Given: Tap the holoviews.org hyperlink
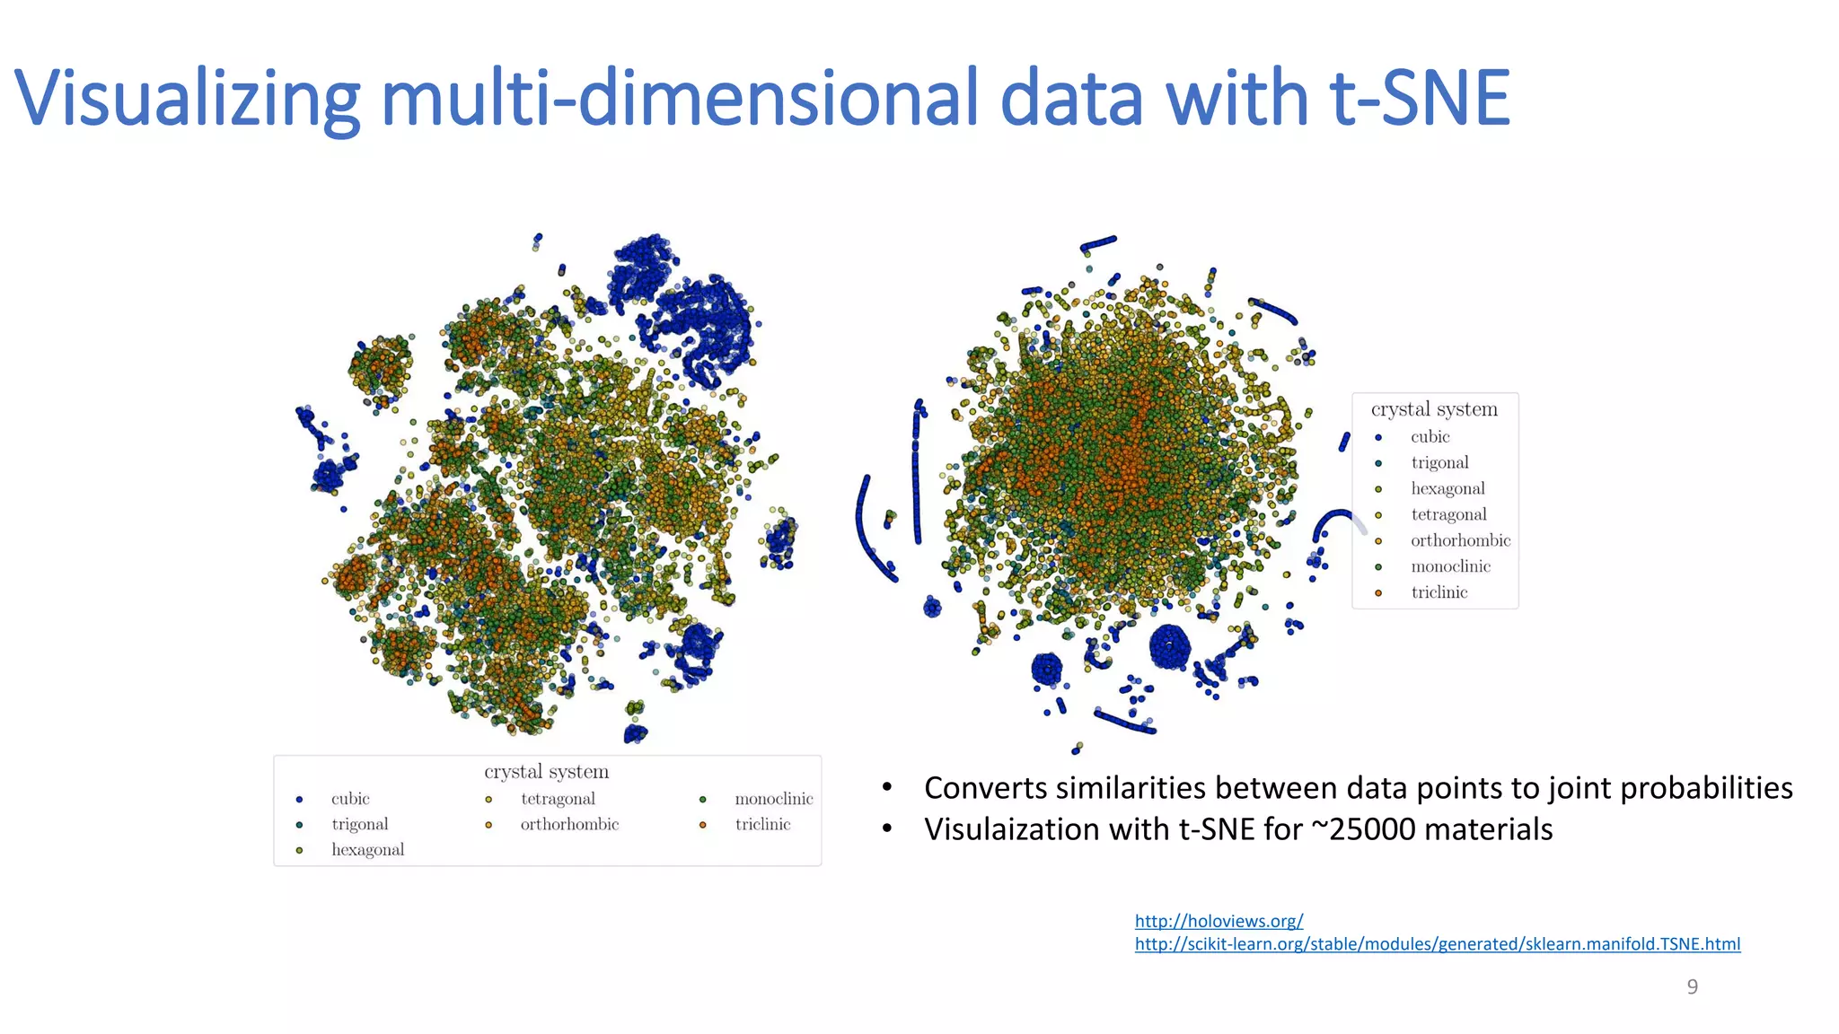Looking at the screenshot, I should pos(1219,921).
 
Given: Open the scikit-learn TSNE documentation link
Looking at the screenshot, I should pos(1437,944).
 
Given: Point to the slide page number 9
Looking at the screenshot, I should pos(1693,987).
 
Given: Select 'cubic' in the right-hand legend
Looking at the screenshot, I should pos(1430,437).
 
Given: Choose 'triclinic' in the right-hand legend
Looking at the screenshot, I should pos(1439,592).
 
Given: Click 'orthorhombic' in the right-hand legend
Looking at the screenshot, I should pos(1460,540).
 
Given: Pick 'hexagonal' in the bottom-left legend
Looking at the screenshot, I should pos(367,850).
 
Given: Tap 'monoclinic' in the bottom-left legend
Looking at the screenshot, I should pos(773,799).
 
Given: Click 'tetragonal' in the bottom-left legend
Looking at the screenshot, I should pos(558,799).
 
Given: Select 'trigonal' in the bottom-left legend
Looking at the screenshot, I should pos(359,825).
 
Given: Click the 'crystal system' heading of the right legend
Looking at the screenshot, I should pos(1434,409).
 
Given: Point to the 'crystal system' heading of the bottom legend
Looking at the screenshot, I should pos(546,772).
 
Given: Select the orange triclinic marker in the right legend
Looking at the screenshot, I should pos(1378,593).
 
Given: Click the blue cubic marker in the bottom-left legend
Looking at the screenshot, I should pos(299,800).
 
